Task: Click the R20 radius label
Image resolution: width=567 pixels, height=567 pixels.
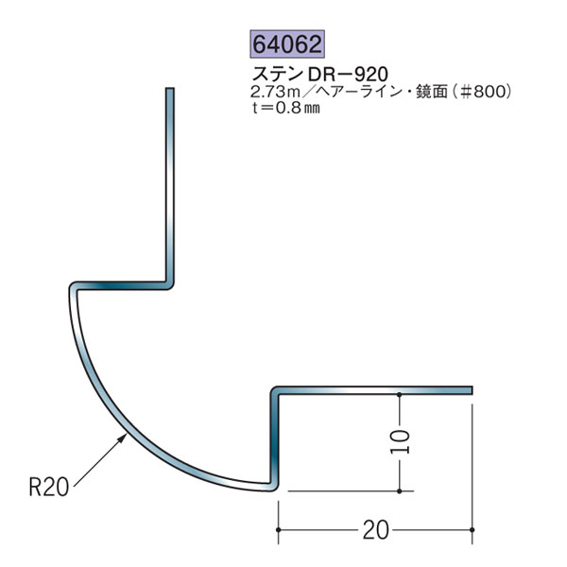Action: point(46,488)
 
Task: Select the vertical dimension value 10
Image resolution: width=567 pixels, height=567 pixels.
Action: point(402,441)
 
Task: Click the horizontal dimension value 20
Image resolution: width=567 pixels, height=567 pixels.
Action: point(375,531)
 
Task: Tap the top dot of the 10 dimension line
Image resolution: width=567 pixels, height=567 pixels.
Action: point(402,393)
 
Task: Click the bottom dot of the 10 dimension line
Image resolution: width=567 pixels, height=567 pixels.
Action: point(402,491)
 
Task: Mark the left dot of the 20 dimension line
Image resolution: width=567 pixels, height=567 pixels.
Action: point(277,532)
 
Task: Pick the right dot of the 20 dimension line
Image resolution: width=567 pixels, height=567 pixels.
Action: point(471,532)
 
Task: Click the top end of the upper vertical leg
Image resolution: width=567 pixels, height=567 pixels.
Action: point(171,92)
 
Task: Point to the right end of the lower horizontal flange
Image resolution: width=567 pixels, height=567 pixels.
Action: point(469,387)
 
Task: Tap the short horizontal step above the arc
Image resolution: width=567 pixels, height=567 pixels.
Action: point(123,283)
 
